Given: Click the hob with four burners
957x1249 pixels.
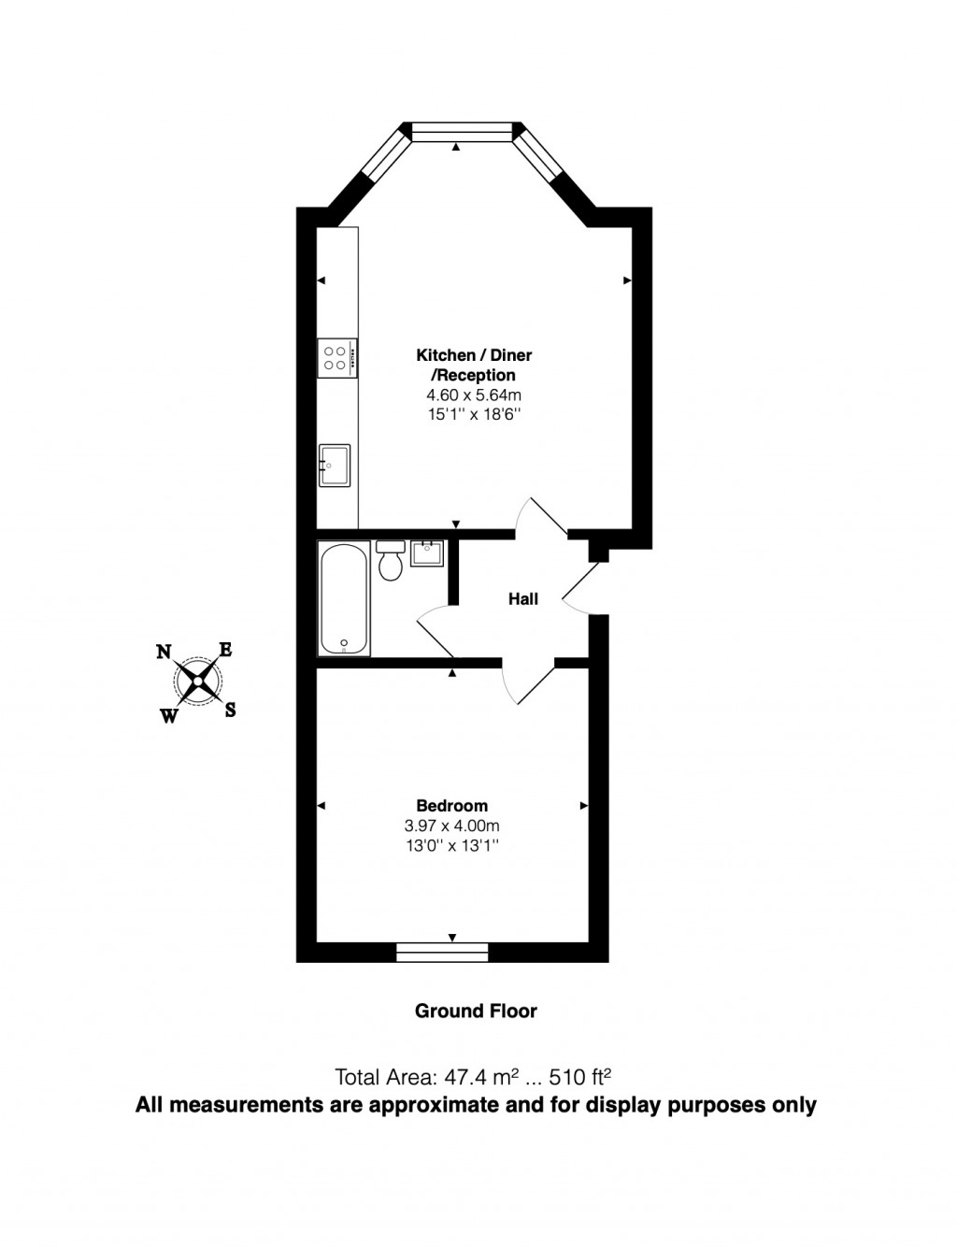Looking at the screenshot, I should click(336, 358).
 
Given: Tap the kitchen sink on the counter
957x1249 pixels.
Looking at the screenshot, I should click(334, 466).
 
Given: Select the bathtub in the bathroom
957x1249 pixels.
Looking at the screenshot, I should click(344, 598).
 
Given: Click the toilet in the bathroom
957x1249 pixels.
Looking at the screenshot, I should click(391, 560).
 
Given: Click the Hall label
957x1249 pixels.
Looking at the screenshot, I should click(523, 599).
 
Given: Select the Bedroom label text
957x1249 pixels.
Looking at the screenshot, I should click(451, 805).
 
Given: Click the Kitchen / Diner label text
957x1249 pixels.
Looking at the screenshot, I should click(474, 355).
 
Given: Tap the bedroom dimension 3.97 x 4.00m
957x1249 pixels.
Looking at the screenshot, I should click(451, 825).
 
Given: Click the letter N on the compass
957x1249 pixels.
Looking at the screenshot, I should click(164, 653).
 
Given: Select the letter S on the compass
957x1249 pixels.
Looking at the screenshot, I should click(230, 710).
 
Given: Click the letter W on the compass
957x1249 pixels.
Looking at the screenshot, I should click(169, 716).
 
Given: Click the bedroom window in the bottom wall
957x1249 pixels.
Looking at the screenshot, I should click(442, 953).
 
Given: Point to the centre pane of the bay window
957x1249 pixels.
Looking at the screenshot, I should click(463, 133).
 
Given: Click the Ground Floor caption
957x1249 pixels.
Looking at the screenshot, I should click(476, 1011).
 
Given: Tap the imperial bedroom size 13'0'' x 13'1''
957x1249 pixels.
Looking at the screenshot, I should click(451, 846).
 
